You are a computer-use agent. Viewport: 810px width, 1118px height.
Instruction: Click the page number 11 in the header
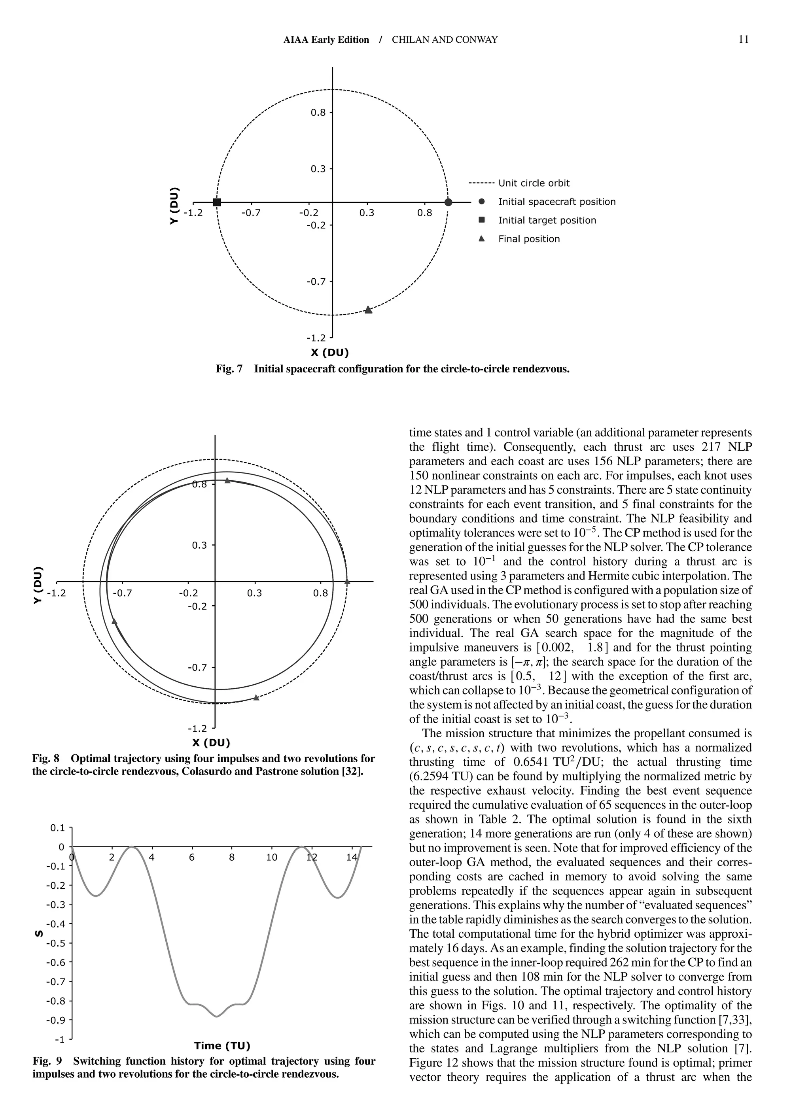click(x=744, y=40)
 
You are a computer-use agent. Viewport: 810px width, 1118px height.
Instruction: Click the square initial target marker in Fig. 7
click(x=217, y=202)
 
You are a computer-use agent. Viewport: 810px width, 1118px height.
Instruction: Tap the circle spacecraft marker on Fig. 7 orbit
click(x=448, y=202)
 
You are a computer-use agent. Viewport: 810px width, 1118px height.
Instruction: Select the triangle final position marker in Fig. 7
click(x=368, y=310)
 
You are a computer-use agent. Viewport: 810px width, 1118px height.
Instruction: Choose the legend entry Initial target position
click(x=547, y=220)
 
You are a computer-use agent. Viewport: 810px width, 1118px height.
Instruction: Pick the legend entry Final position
click(x=529, y=239)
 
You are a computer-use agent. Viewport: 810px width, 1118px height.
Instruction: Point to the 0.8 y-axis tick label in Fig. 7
click(x=318, y=112)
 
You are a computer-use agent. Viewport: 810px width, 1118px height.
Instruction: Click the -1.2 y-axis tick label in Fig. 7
click(x=316, y=338)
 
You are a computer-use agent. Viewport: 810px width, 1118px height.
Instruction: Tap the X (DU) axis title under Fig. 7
click(x=329, y=353)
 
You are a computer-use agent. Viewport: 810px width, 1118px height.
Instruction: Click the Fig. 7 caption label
click(x=229, y=369)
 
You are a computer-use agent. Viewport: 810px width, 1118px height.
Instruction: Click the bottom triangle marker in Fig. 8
click(x=256, y=697)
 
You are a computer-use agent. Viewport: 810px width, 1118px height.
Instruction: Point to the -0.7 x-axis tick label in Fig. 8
click(x=122, y=593)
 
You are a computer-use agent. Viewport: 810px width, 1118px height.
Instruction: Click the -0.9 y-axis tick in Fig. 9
click(x=55, y=1020)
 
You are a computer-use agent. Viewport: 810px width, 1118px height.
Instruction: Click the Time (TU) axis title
click(x=222, y=1046)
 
